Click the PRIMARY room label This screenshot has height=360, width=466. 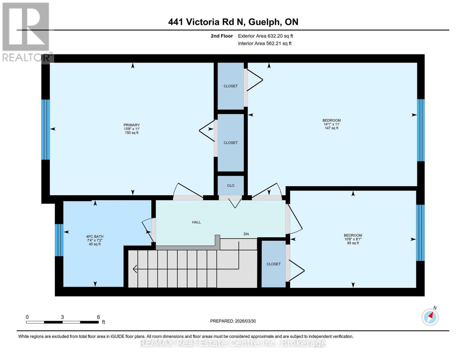point(131,125)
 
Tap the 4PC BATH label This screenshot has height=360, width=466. point(95,236)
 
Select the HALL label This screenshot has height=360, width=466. point(196,222)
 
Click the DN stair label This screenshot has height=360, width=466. point(246,234)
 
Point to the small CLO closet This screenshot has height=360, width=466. point(230,185)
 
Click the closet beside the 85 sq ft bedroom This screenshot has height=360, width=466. point(273,264)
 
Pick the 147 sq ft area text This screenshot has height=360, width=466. point(332,128)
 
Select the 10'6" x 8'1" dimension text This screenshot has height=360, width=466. point(353,239)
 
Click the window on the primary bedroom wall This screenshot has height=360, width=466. point(46,129)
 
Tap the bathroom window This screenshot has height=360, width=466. point(59,240)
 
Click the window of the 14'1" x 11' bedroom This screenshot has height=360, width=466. point(421,130)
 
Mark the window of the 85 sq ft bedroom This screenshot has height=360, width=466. point(420,233)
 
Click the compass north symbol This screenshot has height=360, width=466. point(430,316)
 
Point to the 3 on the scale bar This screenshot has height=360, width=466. point(62,317)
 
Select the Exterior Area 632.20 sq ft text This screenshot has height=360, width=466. point(265,36)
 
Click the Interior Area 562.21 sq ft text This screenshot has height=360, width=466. point(265,43)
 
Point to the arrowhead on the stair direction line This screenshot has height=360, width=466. point(135,269)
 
